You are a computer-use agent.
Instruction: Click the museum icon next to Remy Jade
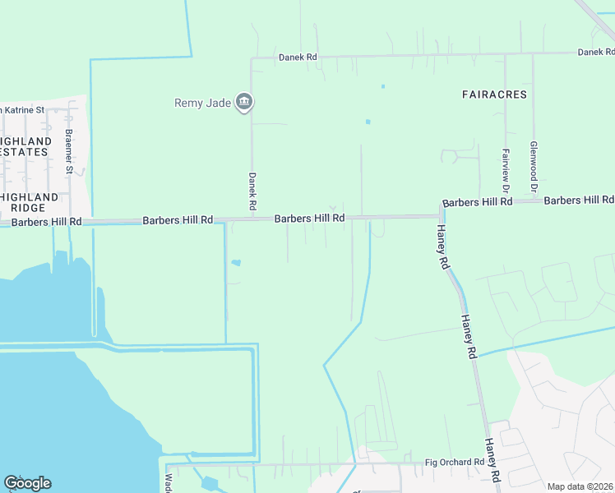point(243,103)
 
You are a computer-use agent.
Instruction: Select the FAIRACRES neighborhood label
point(493,94)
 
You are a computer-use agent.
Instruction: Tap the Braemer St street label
point(69,152)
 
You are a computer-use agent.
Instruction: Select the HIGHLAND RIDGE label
point(29,202)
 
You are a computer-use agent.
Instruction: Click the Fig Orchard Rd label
point(455,463)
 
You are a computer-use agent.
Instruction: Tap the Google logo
point(27,483)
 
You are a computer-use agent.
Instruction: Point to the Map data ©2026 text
point(580,486)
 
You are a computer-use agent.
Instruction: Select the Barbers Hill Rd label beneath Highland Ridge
point(46,222)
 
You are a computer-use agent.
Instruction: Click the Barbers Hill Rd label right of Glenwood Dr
point(579,200)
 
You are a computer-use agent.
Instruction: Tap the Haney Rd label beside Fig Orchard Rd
point(492,459)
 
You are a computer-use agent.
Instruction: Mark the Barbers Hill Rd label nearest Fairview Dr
point(477,202)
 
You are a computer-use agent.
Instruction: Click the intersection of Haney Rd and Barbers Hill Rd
point(439,216)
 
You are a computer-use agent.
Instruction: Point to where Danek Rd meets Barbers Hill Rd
point(252,219)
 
